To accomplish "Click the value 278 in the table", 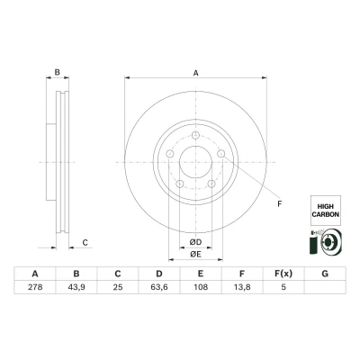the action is coord(35,287).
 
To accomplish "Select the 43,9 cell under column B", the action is coord(76,287).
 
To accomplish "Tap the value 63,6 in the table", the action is coord(159,287).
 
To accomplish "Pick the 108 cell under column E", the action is coord(201,287).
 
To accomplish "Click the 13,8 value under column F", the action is coord(242,287).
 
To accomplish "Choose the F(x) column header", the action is coord(283,274).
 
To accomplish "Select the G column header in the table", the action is coord(325,274).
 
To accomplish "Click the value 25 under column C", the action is coord(118,287).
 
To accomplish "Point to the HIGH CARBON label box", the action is coord(326,211).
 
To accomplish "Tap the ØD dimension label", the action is coord(195,242).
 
